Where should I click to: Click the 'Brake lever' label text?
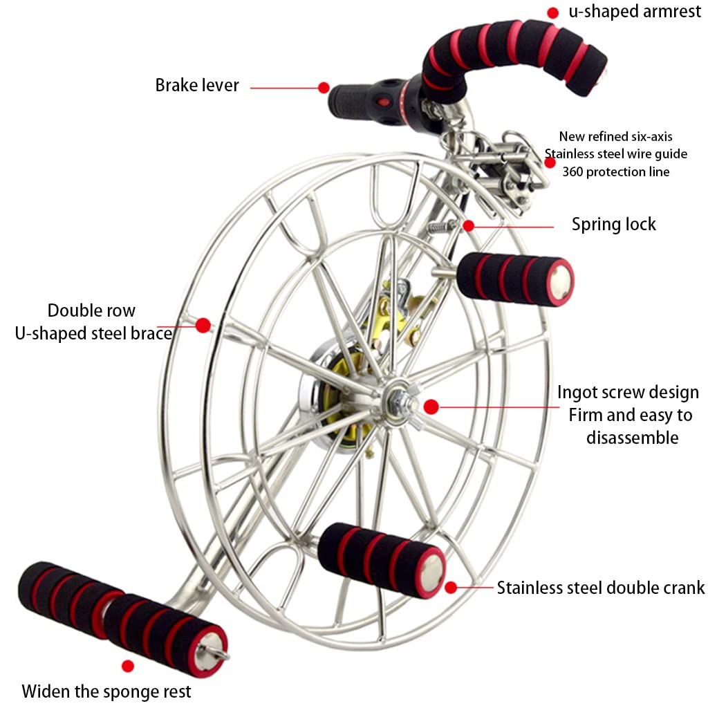(x=197, y=85)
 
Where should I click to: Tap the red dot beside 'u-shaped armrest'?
(x=552, y=12)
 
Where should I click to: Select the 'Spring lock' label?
(x=614, y=225)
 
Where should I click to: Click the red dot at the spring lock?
(x=469, y=225)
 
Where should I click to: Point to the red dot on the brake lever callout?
(x=324, y=88)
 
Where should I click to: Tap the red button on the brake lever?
(x=383, y=101)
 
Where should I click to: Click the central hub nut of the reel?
(x=399, y=399)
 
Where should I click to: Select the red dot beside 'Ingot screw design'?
(x=431, y=407)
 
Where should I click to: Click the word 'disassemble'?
(x=632, y=438)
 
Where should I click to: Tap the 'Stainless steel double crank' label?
(x=601, y=588)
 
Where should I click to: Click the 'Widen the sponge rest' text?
(x=106, y=691)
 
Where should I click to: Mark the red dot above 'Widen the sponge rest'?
(x=128, y=666)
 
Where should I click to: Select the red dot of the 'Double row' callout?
(x=203, y=325)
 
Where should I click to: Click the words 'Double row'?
(x=91, y=310)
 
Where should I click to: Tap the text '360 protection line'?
(x=615, y=172)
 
